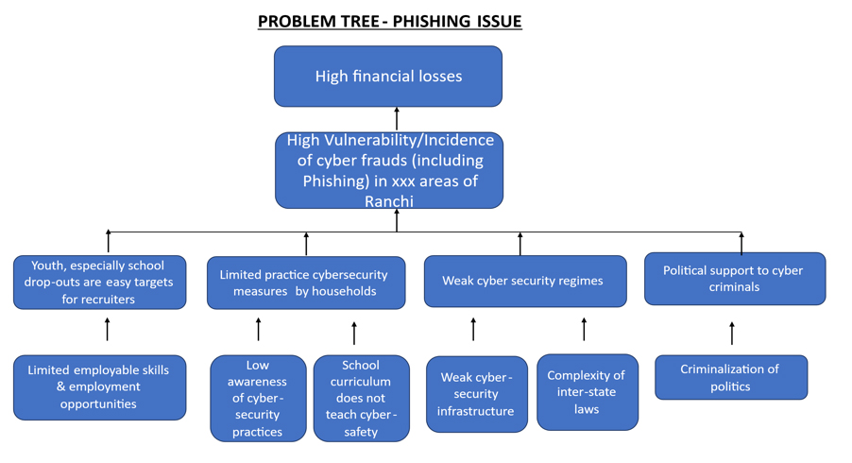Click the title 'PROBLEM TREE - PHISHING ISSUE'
[x=389, y=21]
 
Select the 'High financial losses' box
[x=388, y=77]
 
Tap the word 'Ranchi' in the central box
[x=388, y=200]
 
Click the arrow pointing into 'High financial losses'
[x=397, y=119]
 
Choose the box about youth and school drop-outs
[x=99, y=282]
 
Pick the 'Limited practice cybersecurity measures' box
[x=305, y=283]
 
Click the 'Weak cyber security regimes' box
[x=524, y=281]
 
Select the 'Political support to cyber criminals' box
[x=734, y=278]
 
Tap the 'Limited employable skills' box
[x=99, y=386]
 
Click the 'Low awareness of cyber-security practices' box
[x=258, y=398]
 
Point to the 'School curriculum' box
[x=361, y=398]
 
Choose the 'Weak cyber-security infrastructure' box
[x=476, y=394]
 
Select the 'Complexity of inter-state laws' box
[x=587, y=392]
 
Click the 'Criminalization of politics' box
[x=730, y=377]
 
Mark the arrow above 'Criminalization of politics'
[x=732, y=333]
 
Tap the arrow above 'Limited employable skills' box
[x=108, y=329]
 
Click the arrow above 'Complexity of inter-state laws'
[x=584, y=329]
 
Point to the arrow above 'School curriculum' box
[x=354, y=333]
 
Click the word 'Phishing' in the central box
[x=336, y=180]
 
